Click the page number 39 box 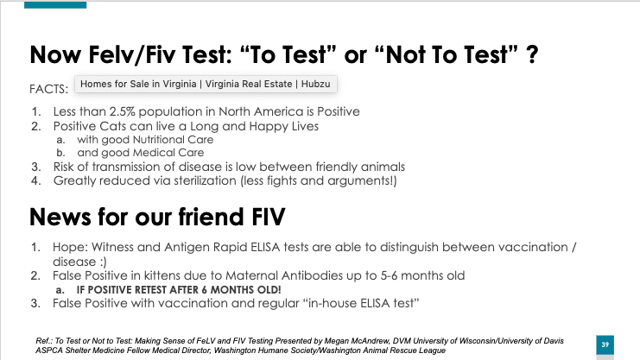pyautogui.click(x=605, y=345)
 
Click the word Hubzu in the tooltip pyautogui.click(x=315, y=84)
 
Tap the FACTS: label pyautogui.click(x=49, y=89)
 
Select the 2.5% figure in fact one pyautogui.click(x=122, y=111)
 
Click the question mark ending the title pyautogui.click(x=532, y=54)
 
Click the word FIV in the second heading pyautogui.click(x=268, y=217)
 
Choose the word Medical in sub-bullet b pyautogui.click(x=156, y=153)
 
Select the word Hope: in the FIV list pyautogui.click(x=70, y=248)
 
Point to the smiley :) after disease pyautogui.click(x=102, y=262)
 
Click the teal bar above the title pyautogui.click(x=55, y=5)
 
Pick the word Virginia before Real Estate pyautogui.click(x=222, y=84)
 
